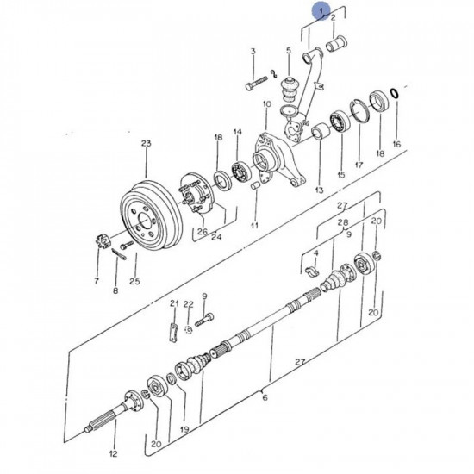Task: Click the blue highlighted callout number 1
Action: pos(322,11)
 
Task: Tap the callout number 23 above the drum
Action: pos(146,144)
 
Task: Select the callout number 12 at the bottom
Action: pos(113,452)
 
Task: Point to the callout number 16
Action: pos(396,144)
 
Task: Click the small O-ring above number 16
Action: pos(394,93)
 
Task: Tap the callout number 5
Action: pos(288,51)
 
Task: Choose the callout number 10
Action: pos(266,103)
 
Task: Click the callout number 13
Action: pos(319,190)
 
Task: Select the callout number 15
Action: pos(340,175)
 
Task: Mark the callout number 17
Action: pos(359,164)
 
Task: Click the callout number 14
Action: pos(237,132)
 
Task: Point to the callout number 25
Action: pos(134,280)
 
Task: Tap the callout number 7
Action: pos(97,280)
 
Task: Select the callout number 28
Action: pos(343,222)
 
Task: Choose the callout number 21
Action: pos(173,304)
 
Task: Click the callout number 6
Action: pos(265,398)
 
